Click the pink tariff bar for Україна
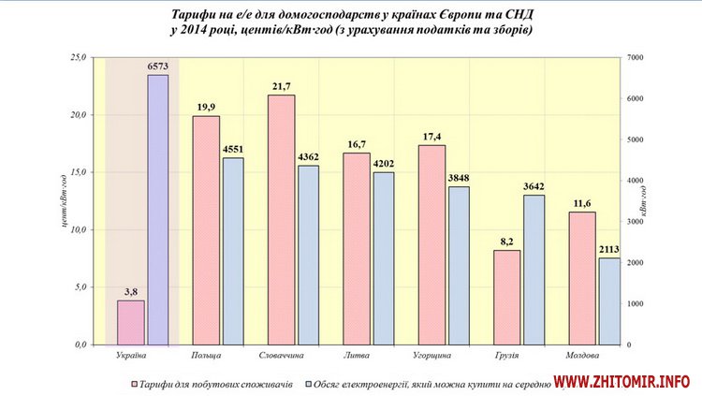131,322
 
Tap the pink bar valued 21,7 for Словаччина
282,220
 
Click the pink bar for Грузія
506,297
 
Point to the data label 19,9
206,106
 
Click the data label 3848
460,177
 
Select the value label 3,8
130,291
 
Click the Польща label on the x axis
206,357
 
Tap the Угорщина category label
431,357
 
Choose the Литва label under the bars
356,357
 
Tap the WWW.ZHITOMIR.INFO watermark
622,382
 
